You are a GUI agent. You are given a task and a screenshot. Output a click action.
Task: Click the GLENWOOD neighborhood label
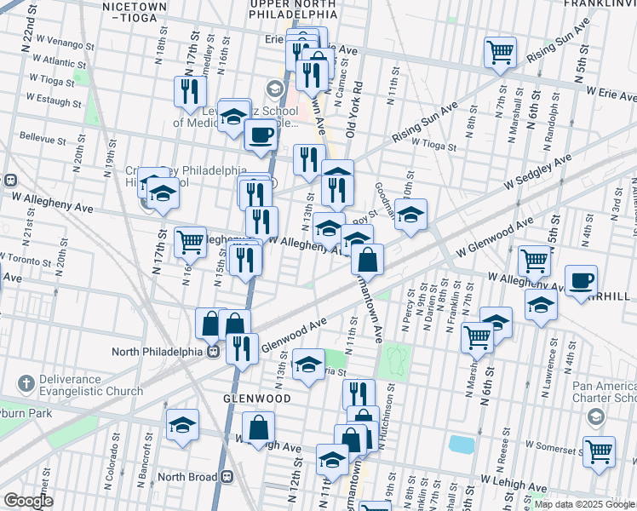257,398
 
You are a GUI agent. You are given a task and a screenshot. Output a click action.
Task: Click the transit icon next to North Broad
227,477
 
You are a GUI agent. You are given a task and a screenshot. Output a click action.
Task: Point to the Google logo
28,501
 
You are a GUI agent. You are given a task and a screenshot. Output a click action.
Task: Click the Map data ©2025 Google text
584,504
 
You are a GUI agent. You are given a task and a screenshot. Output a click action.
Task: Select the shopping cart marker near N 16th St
190,240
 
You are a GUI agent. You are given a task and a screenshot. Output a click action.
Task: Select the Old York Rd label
355,111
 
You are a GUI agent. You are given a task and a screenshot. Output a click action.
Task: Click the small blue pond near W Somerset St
461,445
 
